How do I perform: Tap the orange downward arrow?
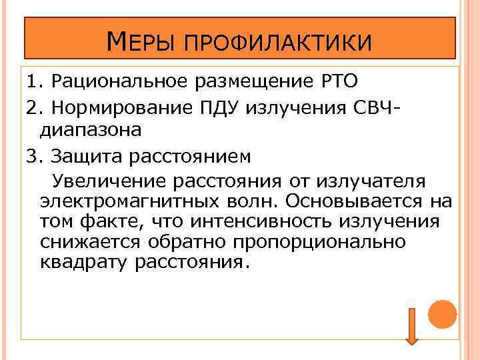(412, 326)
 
